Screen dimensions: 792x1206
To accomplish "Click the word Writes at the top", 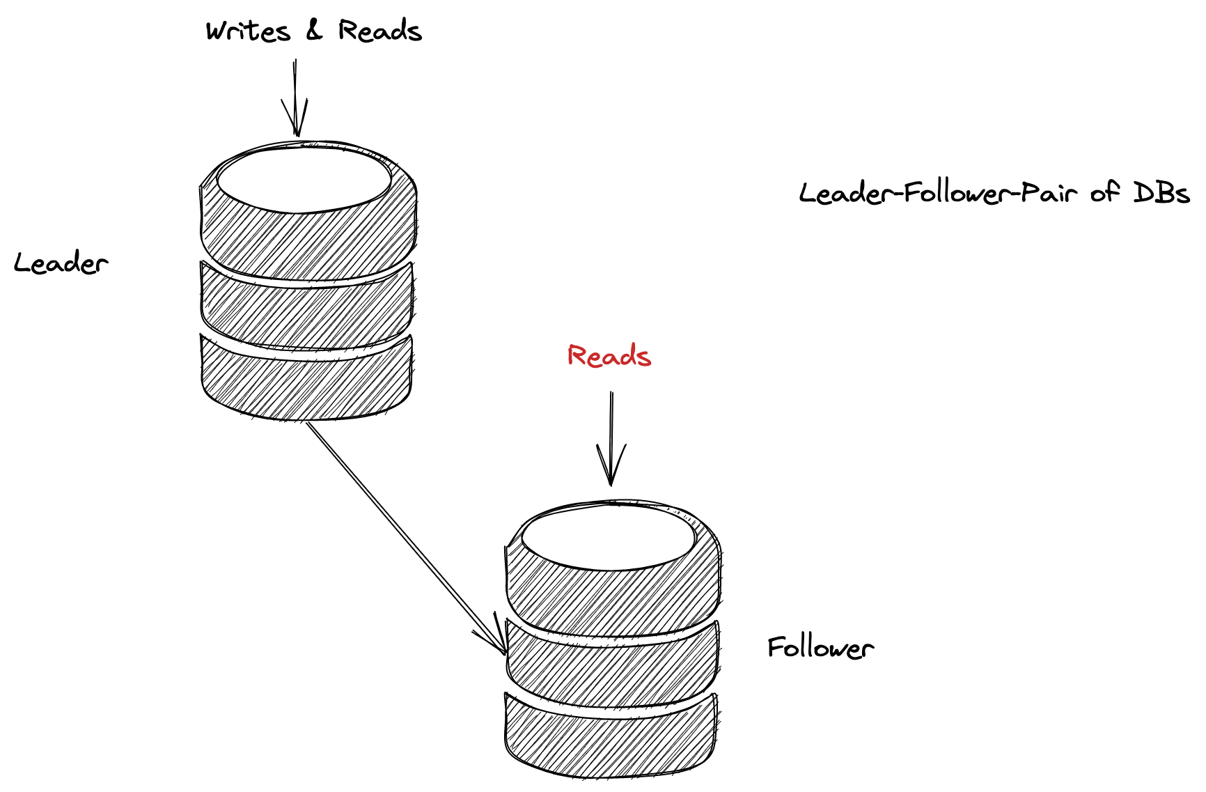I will point(248,32).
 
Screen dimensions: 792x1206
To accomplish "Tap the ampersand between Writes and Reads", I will point(315,31).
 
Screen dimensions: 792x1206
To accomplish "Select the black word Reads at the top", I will point(380,31).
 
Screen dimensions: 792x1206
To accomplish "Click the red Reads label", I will point(609,356).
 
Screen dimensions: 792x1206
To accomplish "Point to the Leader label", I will point(61,263).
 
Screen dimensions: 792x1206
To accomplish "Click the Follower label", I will point(820,648).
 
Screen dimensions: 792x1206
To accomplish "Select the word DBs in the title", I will point(1161,192).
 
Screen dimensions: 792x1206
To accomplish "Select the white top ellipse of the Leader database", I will point(304,180).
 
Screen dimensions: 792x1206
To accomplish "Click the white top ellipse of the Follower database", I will point(609,538).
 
